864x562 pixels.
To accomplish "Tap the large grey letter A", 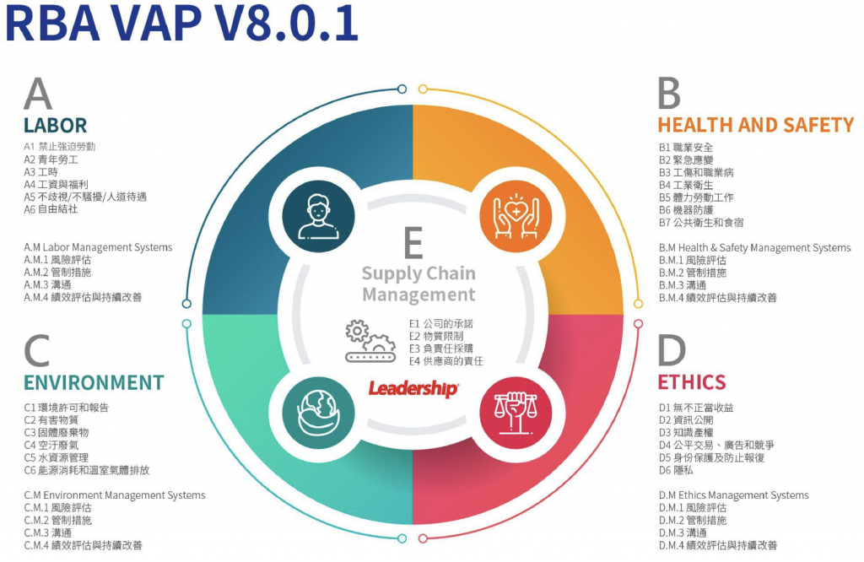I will [x=38, y=95].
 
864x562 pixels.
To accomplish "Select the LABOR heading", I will [x=55, y=126].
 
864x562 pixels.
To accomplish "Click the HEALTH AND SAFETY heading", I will [x=755, y=126].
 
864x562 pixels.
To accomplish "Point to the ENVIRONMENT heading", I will [x=94, y=382].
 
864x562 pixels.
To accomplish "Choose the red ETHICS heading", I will [x=692, y=382].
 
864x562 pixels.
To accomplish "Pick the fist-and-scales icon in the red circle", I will [x=510, y=408].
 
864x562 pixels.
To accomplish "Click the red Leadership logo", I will [x=413, y=389].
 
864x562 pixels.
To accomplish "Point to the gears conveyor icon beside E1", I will [x=370, y=341].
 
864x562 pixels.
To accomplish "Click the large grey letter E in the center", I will [x=413, y=244].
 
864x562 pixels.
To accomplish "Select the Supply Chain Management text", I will [x=418, y=284].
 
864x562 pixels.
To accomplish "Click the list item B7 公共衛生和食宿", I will [x=701, y=223].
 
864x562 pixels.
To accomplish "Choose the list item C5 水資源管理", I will [x=60, y=457].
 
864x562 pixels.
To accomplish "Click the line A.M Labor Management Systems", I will [x=98, y=247].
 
